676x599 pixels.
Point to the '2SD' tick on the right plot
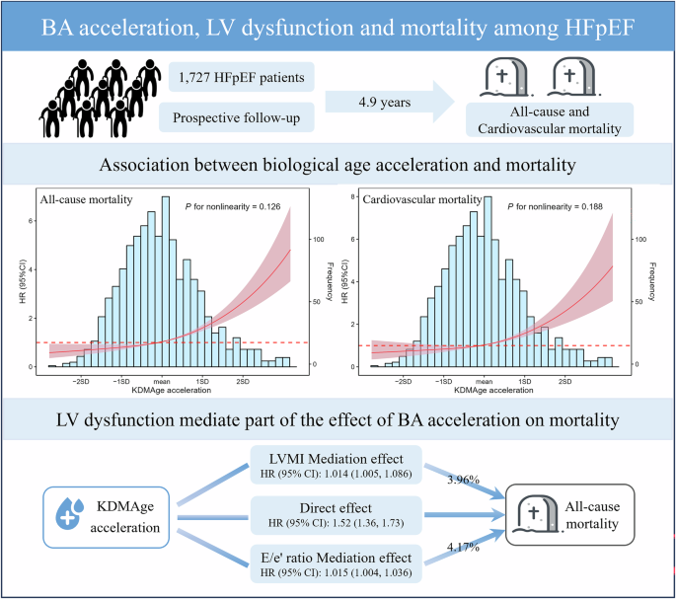point(563,379)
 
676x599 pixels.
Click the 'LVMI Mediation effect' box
point(338,460)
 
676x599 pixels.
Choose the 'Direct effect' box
point(338,511)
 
